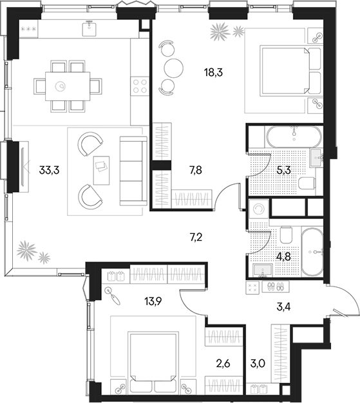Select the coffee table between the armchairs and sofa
(x=100, y=165)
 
